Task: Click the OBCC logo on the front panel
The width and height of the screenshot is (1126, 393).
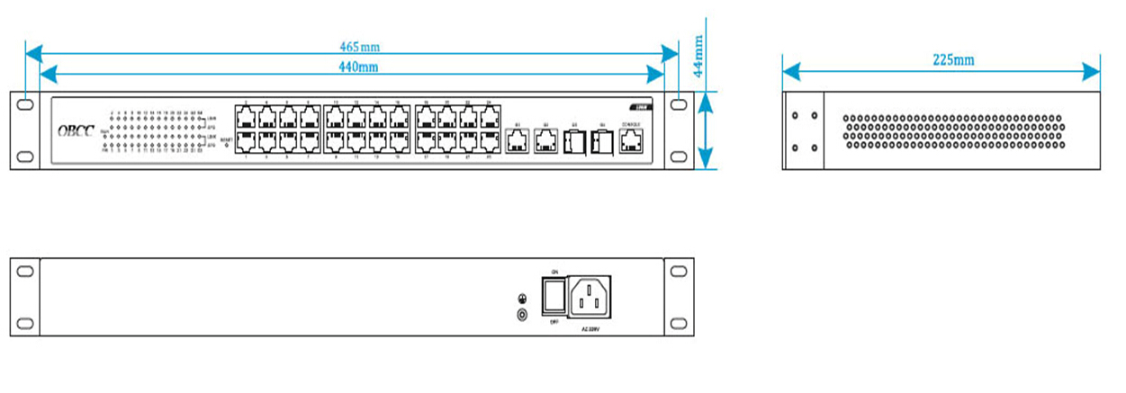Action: pyautogui.click(x=76, y=131)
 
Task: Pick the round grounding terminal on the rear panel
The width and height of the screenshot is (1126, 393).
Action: pyautogui.click(x=519, y=315)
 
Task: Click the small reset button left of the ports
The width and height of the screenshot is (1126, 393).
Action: pyautogui.click(x=226, y=145)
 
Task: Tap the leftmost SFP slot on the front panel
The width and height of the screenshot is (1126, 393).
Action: pyautogui.click(x=573, y=141)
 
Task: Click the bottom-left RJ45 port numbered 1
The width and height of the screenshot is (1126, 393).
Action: pyautogui.click(x=245, y=140)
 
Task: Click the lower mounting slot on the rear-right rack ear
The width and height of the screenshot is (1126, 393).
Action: pyautogui.click(x=677, y=324)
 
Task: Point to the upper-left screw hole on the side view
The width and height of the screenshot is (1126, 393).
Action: pyautogui.click(x=796, y=116)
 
